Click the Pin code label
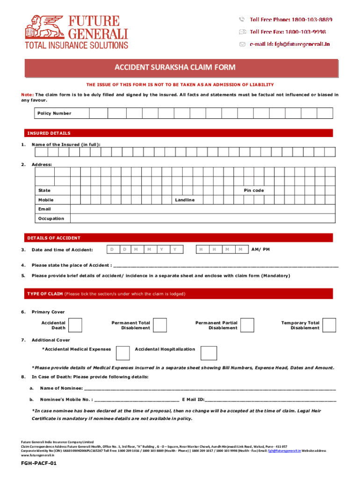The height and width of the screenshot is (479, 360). [x=254, y=190]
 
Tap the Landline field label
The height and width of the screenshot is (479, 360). [x=185, y=200]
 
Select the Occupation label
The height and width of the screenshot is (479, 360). [x=51, y=218]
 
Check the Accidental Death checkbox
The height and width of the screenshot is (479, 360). [x=75, y=325]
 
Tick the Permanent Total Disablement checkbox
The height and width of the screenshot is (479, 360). [x=160, y=325]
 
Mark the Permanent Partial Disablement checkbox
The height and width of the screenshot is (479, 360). [x=247, y=325]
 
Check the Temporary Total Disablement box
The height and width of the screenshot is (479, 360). [x=329, y=325]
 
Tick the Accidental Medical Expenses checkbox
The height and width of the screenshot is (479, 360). [x=122, y=353]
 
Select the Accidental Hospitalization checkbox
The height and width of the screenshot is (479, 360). [x=209, y=353]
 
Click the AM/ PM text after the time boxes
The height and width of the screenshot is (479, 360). [x=260, y=249]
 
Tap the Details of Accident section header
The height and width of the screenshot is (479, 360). [x=53, y=238]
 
